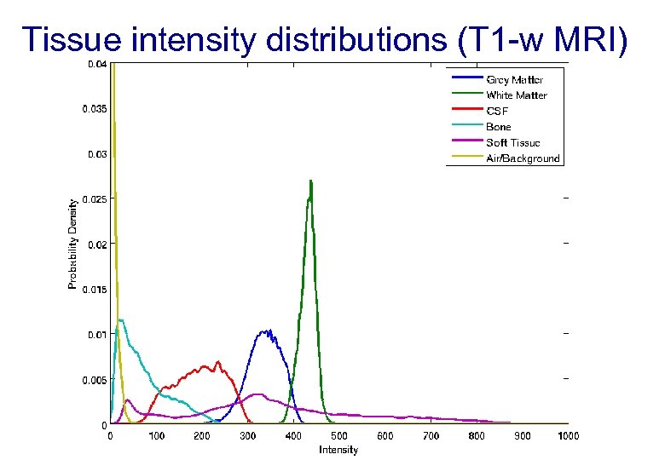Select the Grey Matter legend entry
[514, 80]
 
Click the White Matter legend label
[516, 95]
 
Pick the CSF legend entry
[497, 111]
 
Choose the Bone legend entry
[499, 127]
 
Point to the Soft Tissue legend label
[512, 142]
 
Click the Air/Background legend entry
[523, 158]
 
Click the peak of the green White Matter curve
[311, 181]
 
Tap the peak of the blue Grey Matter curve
[269, 331]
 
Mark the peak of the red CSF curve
[218, 362]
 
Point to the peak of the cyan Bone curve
[122, 320]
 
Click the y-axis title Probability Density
[72, 244]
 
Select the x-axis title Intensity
[338, 450]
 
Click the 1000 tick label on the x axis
[568, 436]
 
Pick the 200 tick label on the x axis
[202, 436]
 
